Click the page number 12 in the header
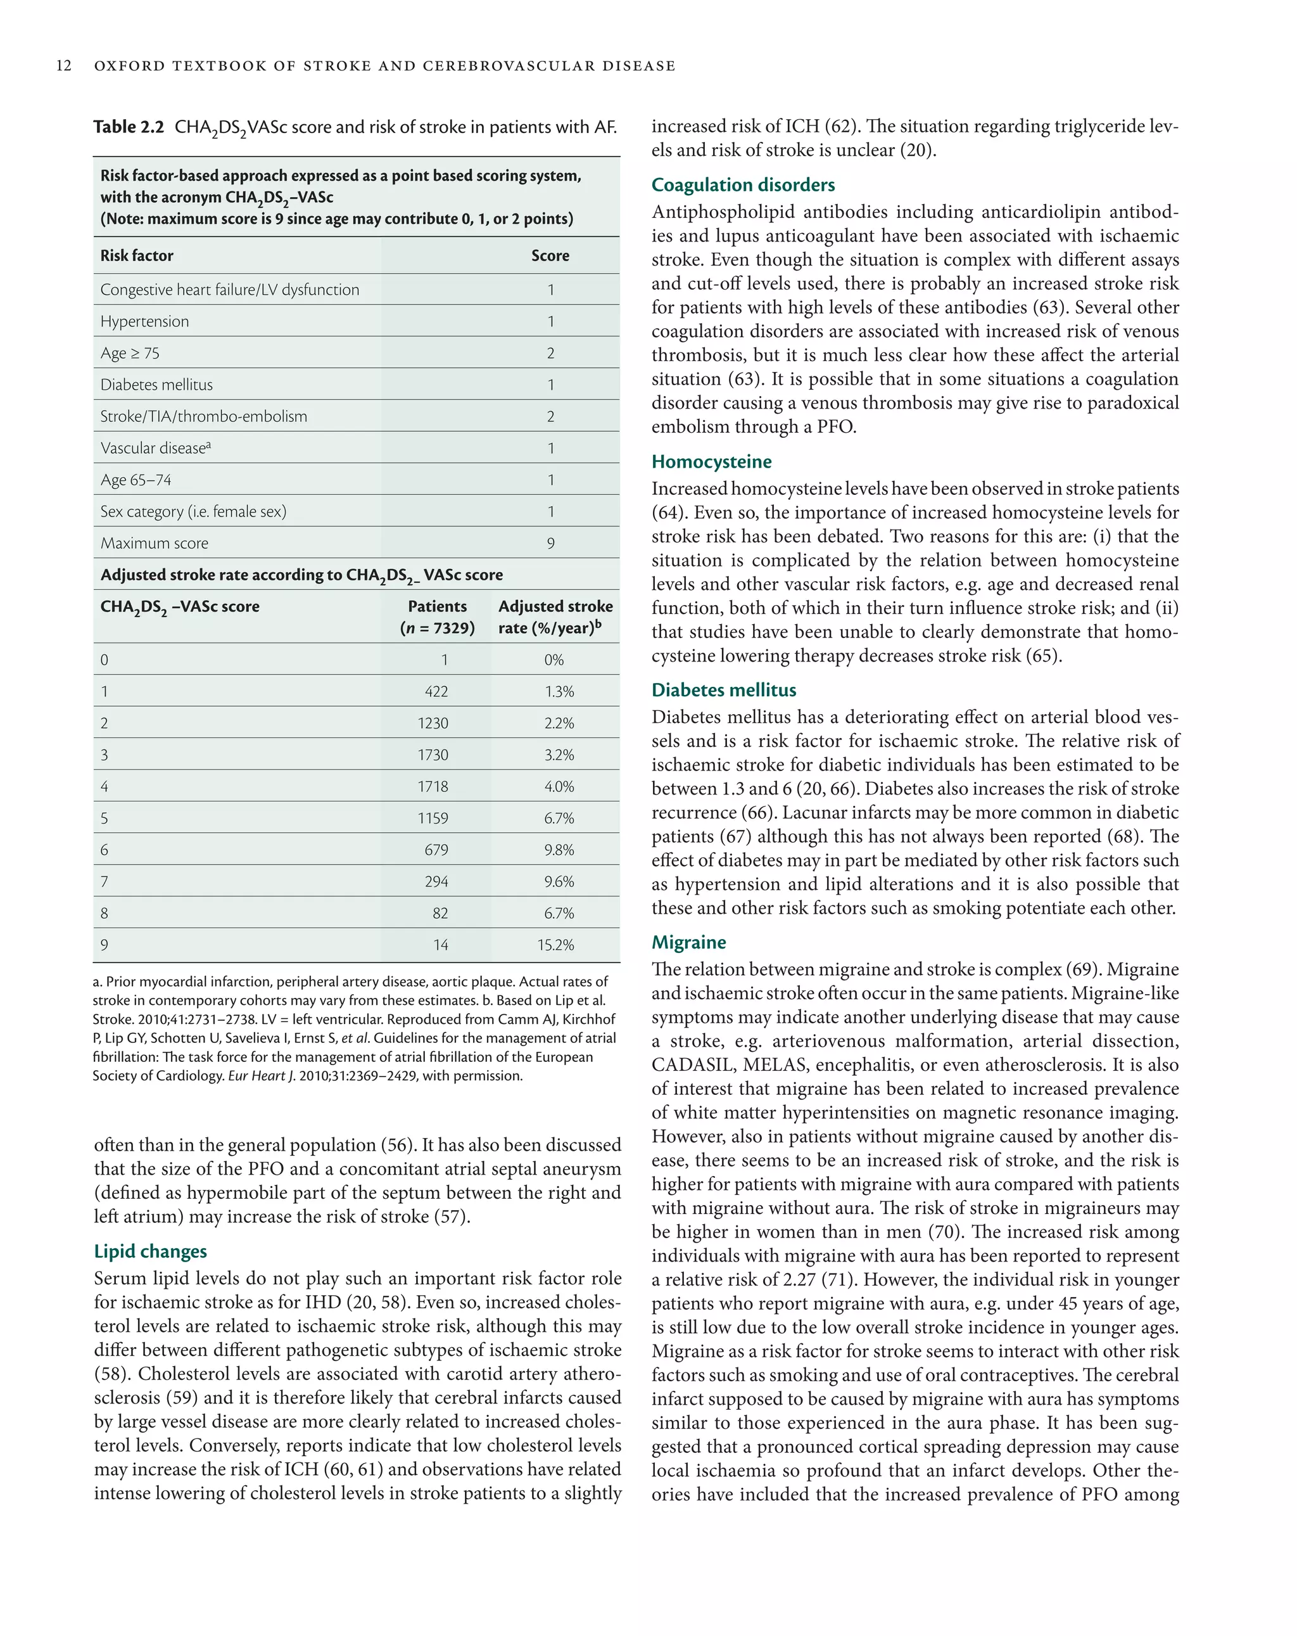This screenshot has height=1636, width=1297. click(64, 66)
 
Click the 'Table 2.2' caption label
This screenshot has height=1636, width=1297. click(128, 127)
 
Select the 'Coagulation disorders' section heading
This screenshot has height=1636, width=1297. click(743, 185)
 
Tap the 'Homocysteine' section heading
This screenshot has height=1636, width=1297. click(711, 461)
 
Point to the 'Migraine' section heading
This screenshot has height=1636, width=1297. click(688, 942)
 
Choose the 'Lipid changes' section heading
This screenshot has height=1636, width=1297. click(150, 1251)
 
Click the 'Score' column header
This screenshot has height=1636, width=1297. click(550, 256)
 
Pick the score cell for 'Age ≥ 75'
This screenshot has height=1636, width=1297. click(551, 353)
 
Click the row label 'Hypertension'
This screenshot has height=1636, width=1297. click(145, 321)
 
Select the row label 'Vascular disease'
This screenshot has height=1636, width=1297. click(155, 448)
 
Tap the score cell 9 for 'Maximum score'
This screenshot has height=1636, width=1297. click(551, 543)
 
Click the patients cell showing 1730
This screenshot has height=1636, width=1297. click(433, 755)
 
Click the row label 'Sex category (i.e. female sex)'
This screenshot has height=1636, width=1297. click(193, 511)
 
